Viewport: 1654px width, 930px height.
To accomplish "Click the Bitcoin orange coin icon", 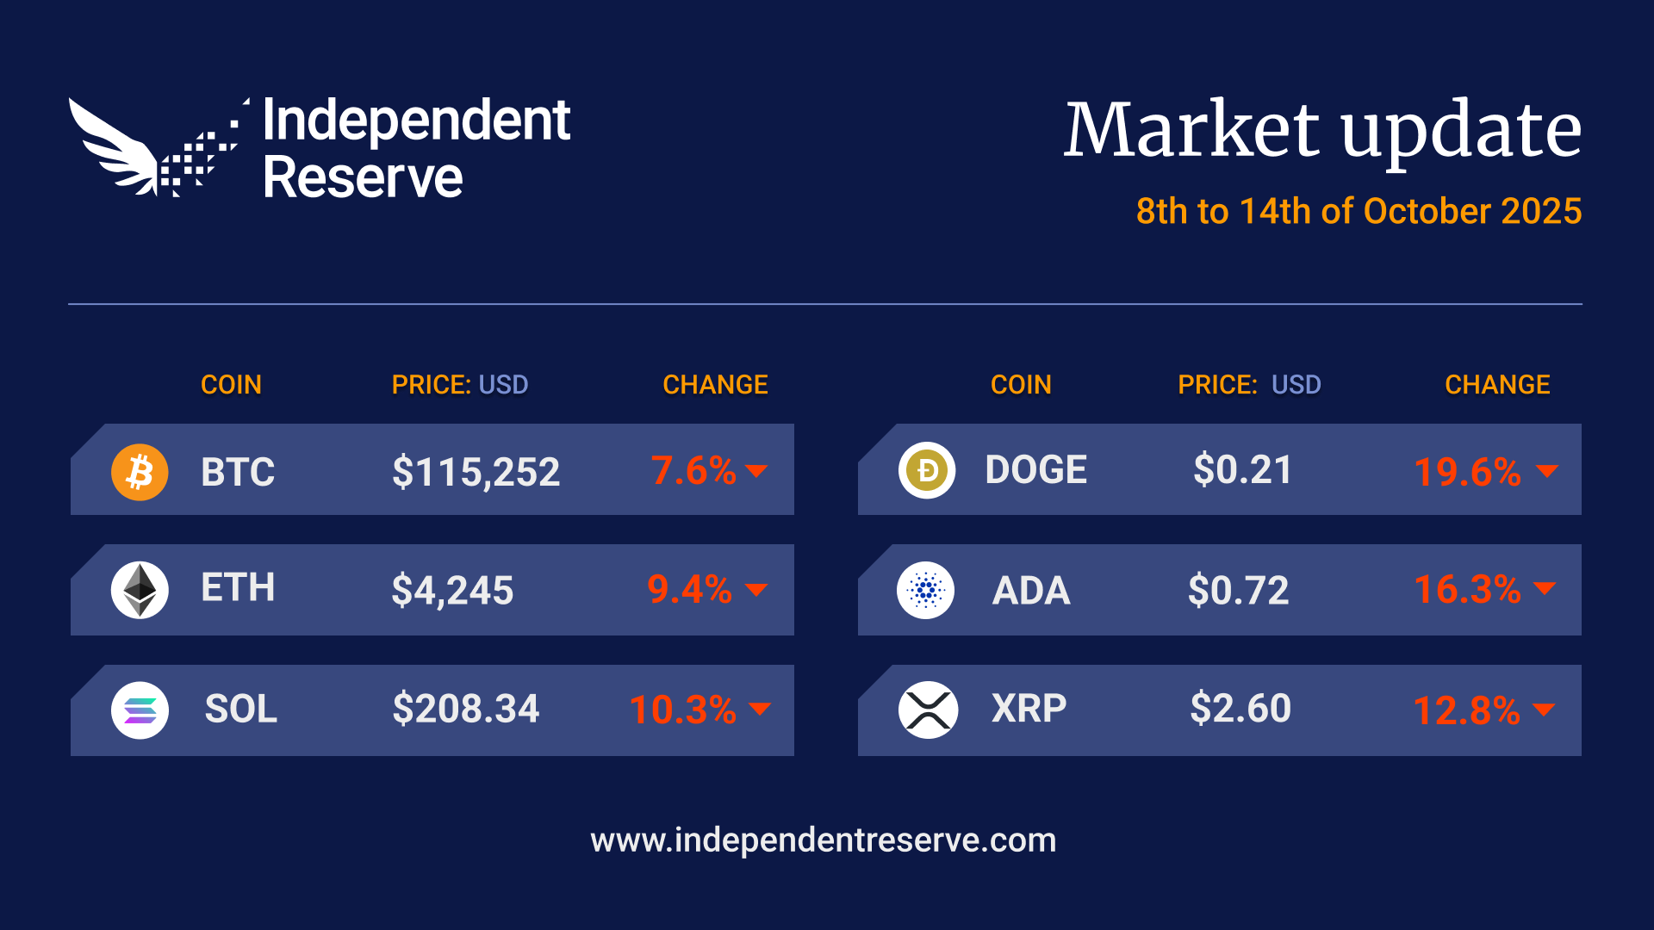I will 140,472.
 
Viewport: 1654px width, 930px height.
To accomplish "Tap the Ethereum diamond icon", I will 140,590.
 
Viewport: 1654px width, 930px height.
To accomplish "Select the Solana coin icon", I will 140,710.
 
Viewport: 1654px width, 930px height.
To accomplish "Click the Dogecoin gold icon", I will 927,470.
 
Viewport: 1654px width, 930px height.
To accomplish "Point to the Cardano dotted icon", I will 926,590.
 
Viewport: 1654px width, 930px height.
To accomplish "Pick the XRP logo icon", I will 928,710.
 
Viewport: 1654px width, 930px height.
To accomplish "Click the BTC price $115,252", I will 476,472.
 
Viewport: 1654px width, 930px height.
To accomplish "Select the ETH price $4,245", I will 452,591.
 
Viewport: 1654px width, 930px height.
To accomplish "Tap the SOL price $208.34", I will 465,710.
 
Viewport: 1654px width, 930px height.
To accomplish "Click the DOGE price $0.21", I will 1242,470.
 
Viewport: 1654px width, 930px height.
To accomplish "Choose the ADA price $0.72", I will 1238,591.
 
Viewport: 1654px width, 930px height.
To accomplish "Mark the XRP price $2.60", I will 1240,709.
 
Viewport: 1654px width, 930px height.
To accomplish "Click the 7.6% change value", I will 693,471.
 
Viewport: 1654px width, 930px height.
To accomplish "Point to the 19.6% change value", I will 1467,472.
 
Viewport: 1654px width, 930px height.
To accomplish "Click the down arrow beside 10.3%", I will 760,709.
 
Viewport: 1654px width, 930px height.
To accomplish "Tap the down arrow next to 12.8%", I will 1545,710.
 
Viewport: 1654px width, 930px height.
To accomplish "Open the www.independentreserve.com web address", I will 823,840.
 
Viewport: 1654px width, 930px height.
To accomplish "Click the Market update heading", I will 1322,131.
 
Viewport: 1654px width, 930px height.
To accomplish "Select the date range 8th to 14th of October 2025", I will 1359,211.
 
